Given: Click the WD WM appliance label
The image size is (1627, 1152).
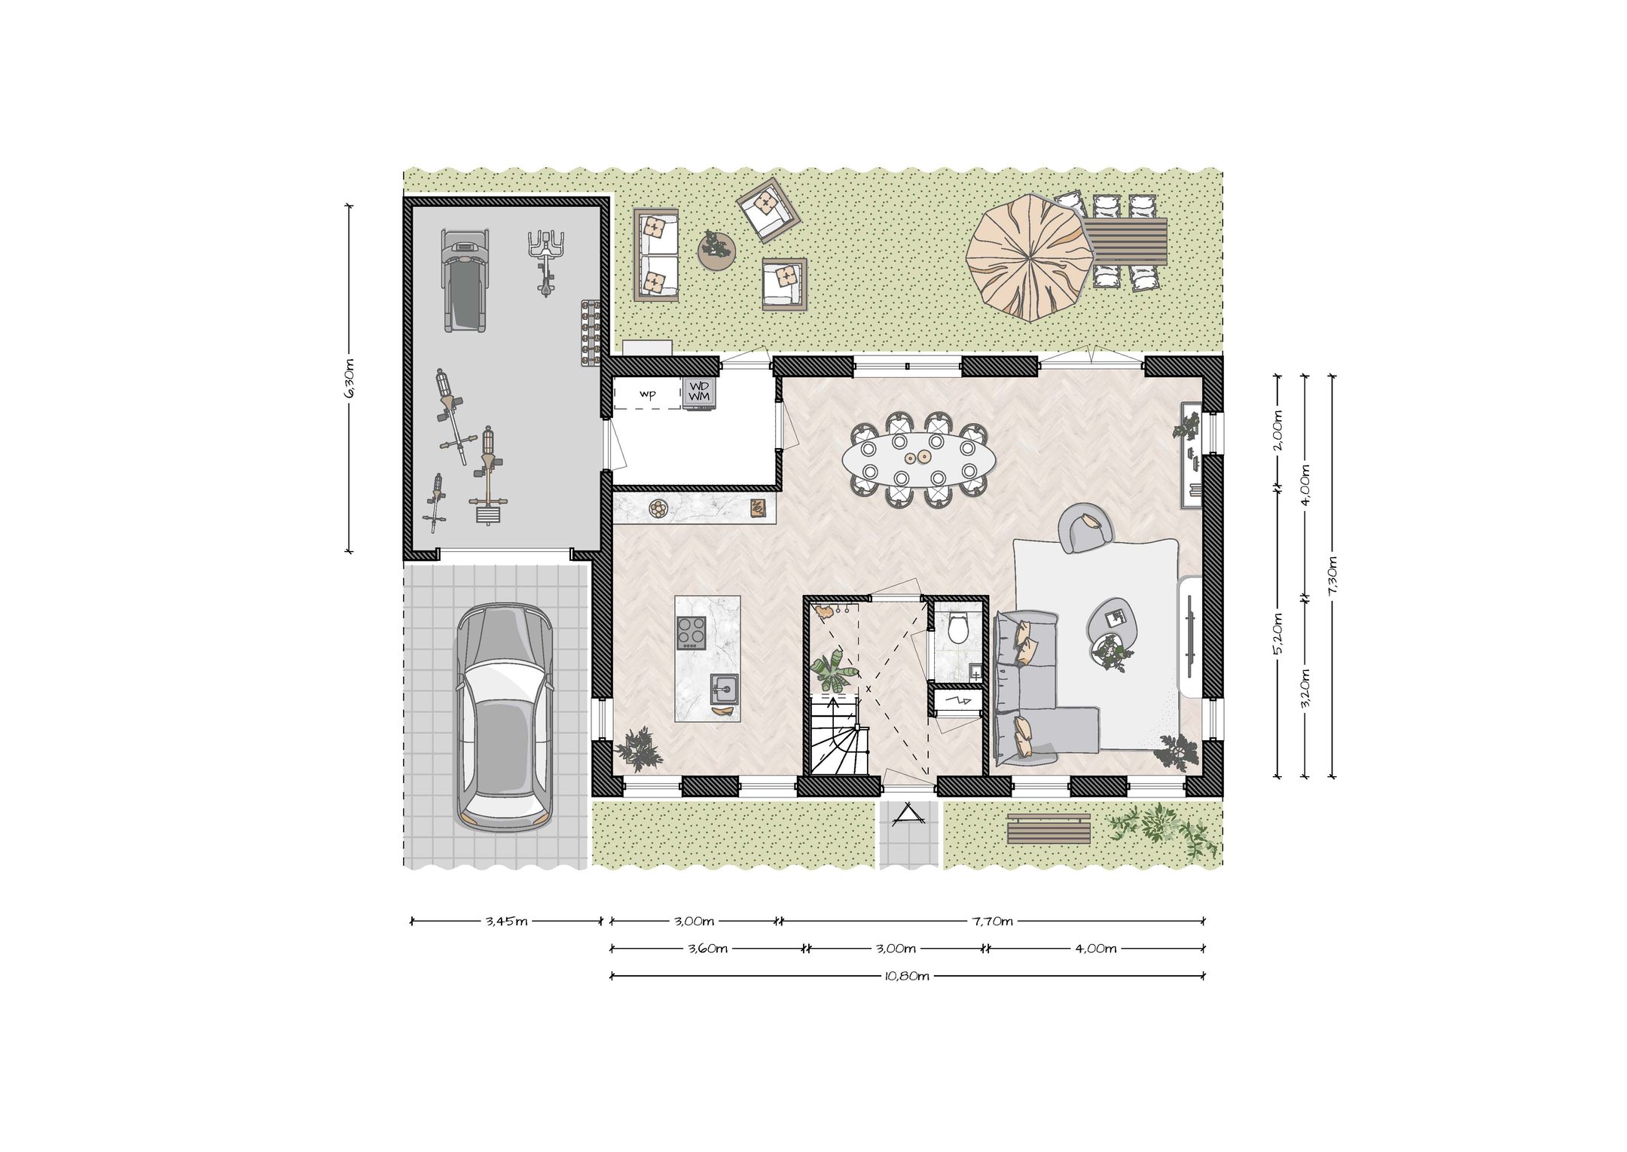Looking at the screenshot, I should [x=699, y=392].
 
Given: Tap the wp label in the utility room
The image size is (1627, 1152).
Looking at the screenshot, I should [x=647, y=395].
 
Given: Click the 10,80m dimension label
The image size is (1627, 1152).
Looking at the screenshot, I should [x=907, y=977].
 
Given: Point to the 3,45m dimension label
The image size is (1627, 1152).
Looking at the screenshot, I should [x=506, y=921].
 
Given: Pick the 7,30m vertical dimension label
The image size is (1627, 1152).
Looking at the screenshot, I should [x=1332, y=577].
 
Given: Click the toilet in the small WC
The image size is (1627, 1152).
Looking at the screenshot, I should [x=959, y=628].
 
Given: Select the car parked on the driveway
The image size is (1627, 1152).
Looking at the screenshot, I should [x=503, y=718].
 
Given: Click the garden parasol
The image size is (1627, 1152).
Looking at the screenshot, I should [x=1028, y=258].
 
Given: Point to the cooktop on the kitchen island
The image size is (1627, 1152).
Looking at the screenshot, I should [x=691, y=632].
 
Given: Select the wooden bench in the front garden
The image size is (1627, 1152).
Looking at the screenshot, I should [x=1049, y=829].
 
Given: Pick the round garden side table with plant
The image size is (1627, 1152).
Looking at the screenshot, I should [x=716, y=251].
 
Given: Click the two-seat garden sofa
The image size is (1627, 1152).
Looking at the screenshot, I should [x=656, y=255].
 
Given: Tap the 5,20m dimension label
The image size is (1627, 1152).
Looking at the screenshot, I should [x=1277, y=634].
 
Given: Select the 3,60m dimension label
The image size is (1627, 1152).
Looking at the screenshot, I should [x=707, y=949].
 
